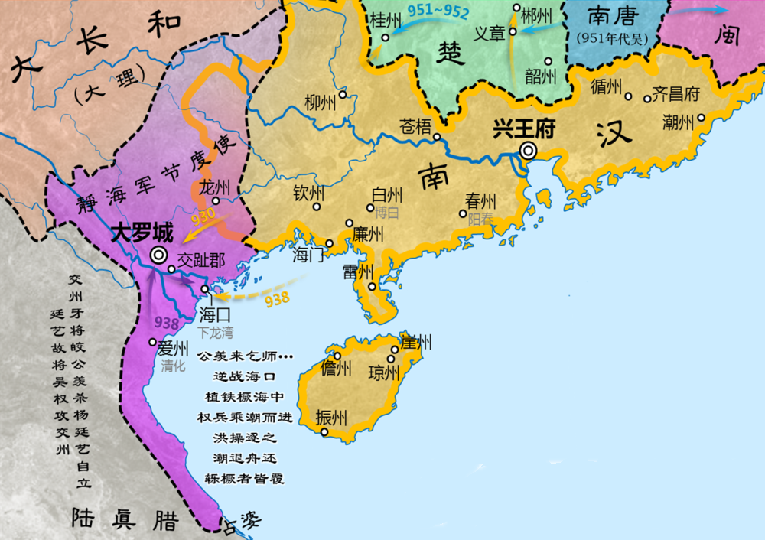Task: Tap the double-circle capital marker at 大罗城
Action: pyautogui.click(x=158, y=255)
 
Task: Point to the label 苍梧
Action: pyautogui.click(x=415, y=127)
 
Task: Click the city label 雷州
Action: pyautogui.click(x=357, y=272)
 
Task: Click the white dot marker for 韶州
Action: pyautogui.click(x=548, y=61)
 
